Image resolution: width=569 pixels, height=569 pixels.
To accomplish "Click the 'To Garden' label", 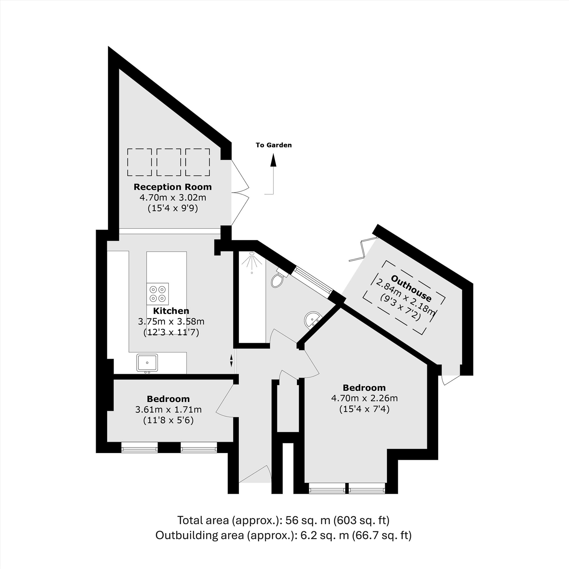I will pyautogui.click(x=274, y=145).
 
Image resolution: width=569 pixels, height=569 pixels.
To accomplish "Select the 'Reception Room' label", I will pyautogui.click(x=173, y=187).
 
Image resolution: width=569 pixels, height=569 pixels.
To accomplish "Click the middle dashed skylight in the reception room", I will pyautogui.click(x=169, y=162).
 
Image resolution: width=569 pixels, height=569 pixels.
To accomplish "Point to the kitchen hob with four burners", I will pyautogui.click(x=158, y=294).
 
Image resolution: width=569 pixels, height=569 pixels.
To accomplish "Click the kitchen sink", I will pyautogui.click(x=147, y=362).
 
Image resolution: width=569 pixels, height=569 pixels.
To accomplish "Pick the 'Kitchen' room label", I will pyautogui.click(x=171, y=311).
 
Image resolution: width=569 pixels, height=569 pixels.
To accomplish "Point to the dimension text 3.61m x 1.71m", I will pyautogui.click(x=168, y=409).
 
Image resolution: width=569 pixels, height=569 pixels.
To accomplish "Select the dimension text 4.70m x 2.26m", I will pyautogui.click(x=364, y=398).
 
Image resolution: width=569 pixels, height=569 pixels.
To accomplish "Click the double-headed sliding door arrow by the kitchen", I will pyautogui.click(x=231, y=360).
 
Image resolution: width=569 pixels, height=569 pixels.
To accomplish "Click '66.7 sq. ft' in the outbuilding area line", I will pyautogui.click(x=382, y=535).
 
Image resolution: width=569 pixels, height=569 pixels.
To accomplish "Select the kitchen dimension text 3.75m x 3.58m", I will pyautogui.click(x=171, y=321).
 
